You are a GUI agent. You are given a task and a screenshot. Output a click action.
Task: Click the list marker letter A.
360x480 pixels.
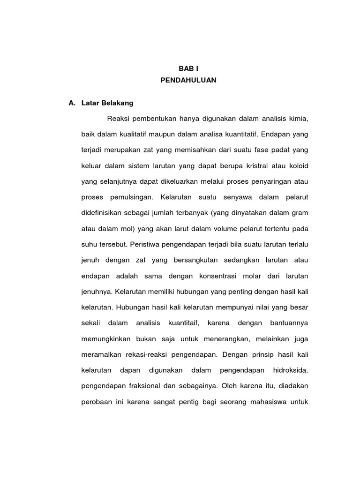tap(71, 103)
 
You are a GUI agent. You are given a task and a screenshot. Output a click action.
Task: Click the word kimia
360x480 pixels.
tap(297, 119)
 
